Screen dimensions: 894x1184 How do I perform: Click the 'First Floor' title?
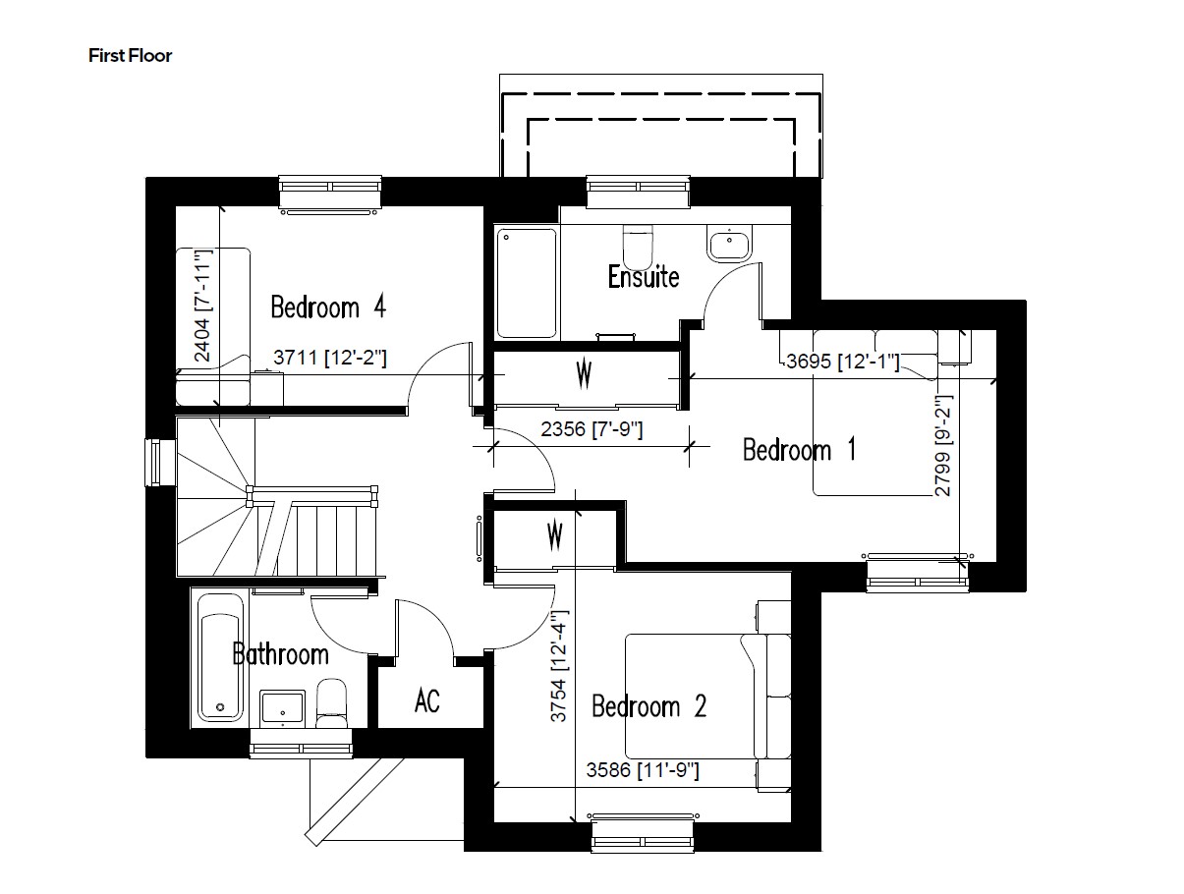point(130,56)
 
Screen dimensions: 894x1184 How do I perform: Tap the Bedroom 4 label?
point(327,307)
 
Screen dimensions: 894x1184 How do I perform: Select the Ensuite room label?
point(643,276)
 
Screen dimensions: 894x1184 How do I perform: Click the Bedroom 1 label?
point(799,450)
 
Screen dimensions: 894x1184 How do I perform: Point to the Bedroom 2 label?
point(648,706)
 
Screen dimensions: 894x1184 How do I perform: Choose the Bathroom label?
point(280,653)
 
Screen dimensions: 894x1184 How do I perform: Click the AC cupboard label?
point(427,701)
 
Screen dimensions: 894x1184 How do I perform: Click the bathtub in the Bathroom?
point(219,654)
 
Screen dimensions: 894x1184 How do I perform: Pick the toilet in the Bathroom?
point(332,703)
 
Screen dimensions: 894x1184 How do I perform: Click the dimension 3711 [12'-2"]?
point(329,359)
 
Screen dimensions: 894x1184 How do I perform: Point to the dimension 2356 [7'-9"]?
point(592,429)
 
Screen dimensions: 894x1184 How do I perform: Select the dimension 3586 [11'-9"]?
point(643,771)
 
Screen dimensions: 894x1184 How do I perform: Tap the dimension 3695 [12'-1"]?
point(843,362)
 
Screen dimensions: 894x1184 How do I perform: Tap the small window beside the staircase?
point(154,462)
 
